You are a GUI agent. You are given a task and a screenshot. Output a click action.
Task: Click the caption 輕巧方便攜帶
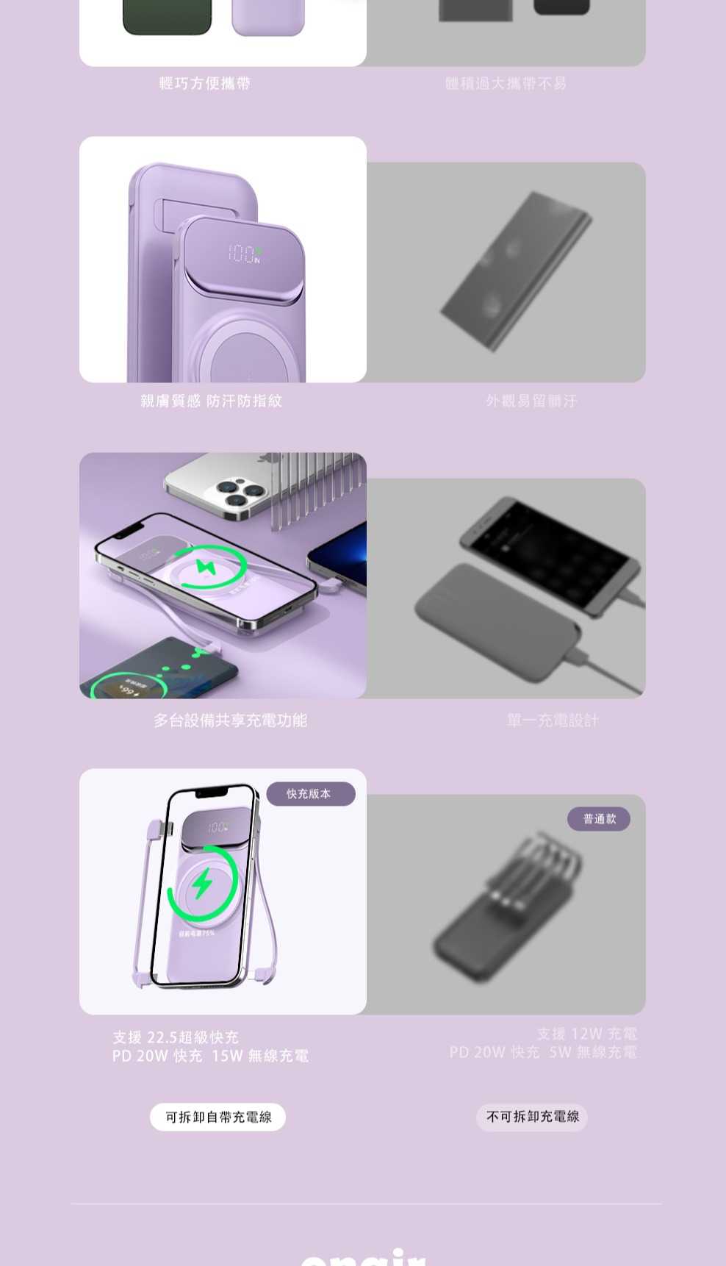click(x=205, y=84)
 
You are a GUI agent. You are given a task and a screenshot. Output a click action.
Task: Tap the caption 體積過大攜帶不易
click(x=506, y=84)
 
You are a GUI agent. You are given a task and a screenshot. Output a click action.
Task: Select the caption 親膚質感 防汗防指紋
click(x=212, y=401)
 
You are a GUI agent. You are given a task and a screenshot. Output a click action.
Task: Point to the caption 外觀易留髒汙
click(x=531, y=401)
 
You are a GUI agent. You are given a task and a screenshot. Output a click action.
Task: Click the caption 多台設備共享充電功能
click(x=230, y=720)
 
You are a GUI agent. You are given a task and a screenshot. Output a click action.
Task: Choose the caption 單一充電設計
click(x=553, y=720)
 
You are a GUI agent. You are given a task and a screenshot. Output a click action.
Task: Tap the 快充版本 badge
click(x=309, y=794)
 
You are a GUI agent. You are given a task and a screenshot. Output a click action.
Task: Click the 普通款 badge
click(x=599, y=819)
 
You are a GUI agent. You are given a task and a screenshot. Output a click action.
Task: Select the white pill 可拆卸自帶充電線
click(x=218, y=1117)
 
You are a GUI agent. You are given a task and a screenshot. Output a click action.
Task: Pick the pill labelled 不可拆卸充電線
click(x=532, y=1117)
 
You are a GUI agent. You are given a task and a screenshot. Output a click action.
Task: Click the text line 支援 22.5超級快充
click(x=176, y=1037)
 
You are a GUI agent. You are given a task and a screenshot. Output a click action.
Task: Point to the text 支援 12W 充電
click(x=586, y=1034)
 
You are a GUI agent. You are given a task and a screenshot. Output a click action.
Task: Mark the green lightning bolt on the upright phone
click(x=202, y=882)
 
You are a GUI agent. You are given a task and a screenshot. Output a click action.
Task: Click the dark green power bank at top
click(x=167, y=17)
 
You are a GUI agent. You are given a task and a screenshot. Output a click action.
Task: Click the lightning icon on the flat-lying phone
click(x=203, y=568)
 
